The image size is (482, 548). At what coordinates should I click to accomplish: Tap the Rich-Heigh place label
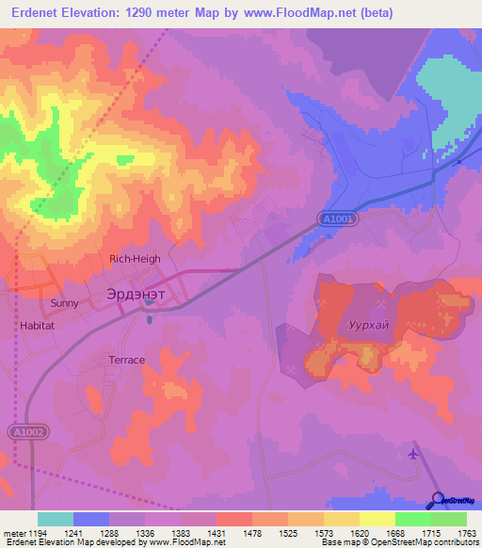[x=135, y=259]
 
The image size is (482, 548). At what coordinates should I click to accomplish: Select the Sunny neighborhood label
[x=64, y=303]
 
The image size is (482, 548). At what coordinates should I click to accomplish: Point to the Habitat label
[x=38, y=325]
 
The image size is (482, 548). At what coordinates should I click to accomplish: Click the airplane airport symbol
[x=413, y=453]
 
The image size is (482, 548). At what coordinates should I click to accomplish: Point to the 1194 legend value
[x=37, y=534]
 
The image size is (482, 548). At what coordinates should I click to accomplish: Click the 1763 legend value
[x=466, y=534]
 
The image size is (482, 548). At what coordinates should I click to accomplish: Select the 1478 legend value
[x=251, y=534]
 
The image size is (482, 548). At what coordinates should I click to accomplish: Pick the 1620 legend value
[x=359, y=534]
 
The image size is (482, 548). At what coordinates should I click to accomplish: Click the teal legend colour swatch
[x=55, y=519]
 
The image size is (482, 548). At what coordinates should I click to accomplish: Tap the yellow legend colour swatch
[x=377, y=519]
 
